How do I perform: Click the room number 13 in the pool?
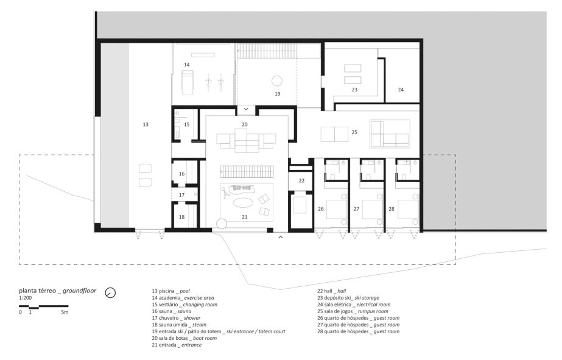coord(145,124)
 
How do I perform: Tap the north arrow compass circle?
coord(110,292)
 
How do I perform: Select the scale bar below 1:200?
coord(44,306)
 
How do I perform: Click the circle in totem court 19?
coord(276,80)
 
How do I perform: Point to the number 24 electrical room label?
coord(401,90)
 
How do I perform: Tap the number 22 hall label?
coord(301,180)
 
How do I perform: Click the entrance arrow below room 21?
coord(281,237)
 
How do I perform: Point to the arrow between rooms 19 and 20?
coord(246,108)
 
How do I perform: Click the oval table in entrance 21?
coord(244,203)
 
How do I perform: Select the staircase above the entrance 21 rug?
coord(247,171)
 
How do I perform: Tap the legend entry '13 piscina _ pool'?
coord(170,291)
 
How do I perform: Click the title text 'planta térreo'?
coord(37,291)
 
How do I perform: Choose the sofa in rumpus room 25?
coord(390,134)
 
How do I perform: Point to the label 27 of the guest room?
coord(356,209)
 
